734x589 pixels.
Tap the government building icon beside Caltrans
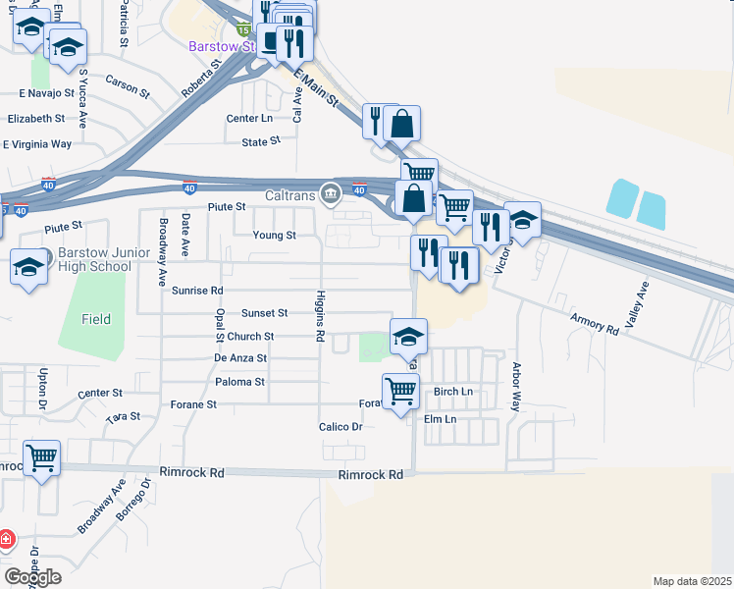coord(331,194)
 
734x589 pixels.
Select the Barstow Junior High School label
coord(94,259)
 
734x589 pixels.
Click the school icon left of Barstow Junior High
coord(28,266)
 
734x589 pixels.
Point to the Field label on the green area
coord(96,319)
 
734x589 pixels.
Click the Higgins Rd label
coord(320,316)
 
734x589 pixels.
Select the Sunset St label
coord(265,313)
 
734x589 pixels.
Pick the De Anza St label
coord(240,358)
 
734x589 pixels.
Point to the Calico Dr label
coord(341,427)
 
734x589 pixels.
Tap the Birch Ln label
coord(452,392)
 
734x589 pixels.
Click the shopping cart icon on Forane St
coord(400,392)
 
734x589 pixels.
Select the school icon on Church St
coord(408,337)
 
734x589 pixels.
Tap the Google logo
coord(32,577)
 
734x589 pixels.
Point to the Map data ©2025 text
coord(691,581)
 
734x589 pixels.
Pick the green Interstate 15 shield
coord(241,31)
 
